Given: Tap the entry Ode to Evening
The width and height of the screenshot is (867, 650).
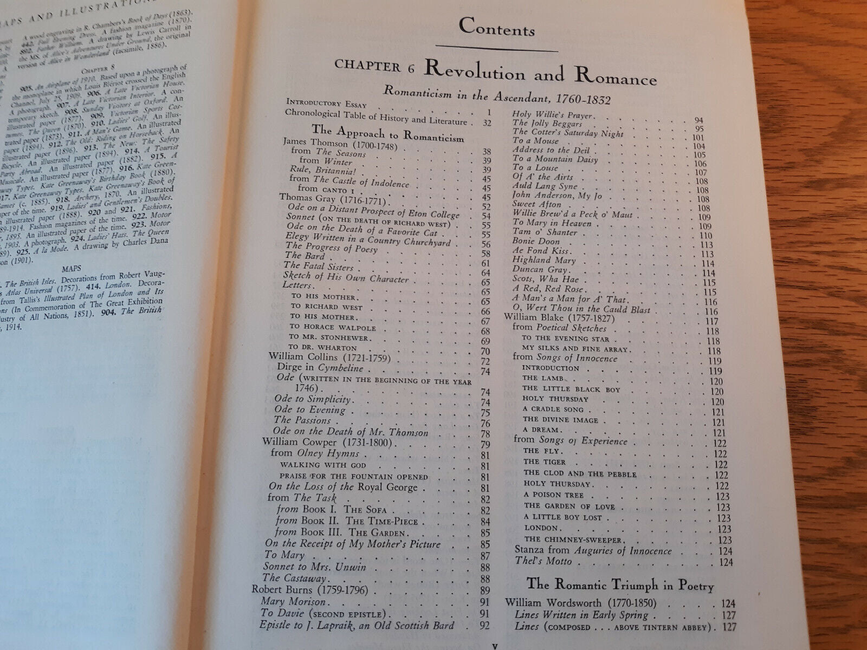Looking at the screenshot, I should [x=309, y=410].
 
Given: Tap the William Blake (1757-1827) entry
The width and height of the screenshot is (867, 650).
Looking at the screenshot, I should [x=551, y=317].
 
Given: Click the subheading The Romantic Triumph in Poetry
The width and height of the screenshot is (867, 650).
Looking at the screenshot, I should [x=620, y=585].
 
